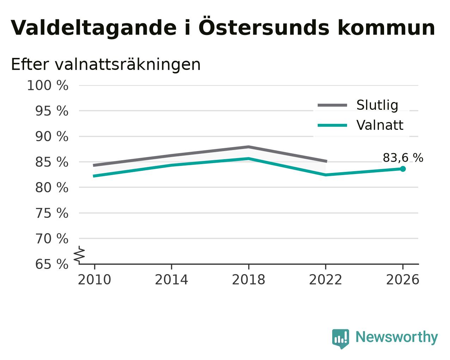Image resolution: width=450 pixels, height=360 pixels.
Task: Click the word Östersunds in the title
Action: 264,26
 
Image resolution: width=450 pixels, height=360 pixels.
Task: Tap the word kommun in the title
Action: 386,28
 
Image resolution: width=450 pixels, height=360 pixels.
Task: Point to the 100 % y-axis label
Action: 48,86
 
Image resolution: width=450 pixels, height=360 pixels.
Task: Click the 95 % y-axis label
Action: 51,111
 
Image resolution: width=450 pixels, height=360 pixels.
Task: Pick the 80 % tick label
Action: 51,187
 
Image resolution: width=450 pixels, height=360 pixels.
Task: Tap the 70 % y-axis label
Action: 51,239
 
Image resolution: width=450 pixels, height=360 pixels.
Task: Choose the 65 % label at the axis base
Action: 51,264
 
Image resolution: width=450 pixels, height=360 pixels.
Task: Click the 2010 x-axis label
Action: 94,280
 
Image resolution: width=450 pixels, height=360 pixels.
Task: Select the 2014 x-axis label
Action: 171,280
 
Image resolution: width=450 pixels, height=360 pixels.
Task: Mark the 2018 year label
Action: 249,280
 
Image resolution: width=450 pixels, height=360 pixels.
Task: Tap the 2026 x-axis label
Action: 403,280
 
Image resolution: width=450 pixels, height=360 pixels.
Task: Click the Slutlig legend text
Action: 377,105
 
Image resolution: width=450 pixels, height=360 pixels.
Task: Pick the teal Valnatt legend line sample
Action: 333,126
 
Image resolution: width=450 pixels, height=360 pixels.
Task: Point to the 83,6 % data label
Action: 403,158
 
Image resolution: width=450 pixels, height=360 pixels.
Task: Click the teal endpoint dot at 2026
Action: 403,169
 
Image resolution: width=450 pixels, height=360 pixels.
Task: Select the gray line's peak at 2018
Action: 248,147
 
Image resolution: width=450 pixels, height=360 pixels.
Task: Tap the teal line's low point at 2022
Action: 326,175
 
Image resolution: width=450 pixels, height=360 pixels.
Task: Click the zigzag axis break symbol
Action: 79,255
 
